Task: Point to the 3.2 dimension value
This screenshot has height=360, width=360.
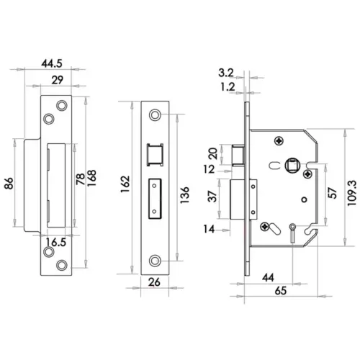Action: tap(225, 73)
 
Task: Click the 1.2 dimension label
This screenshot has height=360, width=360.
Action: tap(225, 86)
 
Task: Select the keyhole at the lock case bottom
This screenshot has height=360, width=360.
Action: tap(292, 231)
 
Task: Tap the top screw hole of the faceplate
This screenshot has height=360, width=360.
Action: tap(155, 116)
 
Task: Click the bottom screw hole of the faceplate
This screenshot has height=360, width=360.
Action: tap(155, 259)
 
